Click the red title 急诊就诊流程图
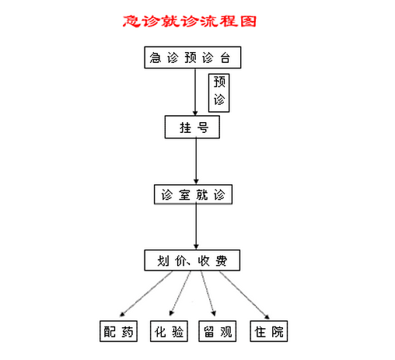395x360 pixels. tap(190, 21)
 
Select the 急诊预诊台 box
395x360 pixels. tap(193, 58)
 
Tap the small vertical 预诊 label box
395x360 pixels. tap(219, 93)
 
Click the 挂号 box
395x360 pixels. tap(192, 127)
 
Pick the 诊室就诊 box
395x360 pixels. tap(193, 194)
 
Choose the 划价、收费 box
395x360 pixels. tap(192, 260)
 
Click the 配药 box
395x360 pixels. tap(118, 331)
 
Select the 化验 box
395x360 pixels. tap(169, 331)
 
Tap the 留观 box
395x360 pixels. tap(218, 331)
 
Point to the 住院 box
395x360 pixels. tap(269, 331)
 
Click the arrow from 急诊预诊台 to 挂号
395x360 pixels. tap(195, 92)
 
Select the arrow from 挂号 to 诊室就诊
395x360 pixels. tap(196, 162)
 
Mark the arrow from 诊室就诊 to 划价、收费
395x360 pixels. tap(196, 227)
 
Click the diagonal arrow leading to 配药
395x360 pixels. tap(146, 294)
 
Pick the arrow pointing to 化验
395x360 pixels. tap(180, 293)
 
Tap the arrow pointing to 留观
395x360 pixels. tap(208, 293)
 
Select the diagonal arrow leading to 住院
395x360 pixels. tap(244, 295)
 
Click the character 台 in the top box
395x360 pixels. tap(225, 58)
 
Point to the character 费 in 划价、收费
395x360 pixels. tap(222, 260)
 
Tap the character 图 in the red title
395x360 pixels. tap(248, 21)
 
